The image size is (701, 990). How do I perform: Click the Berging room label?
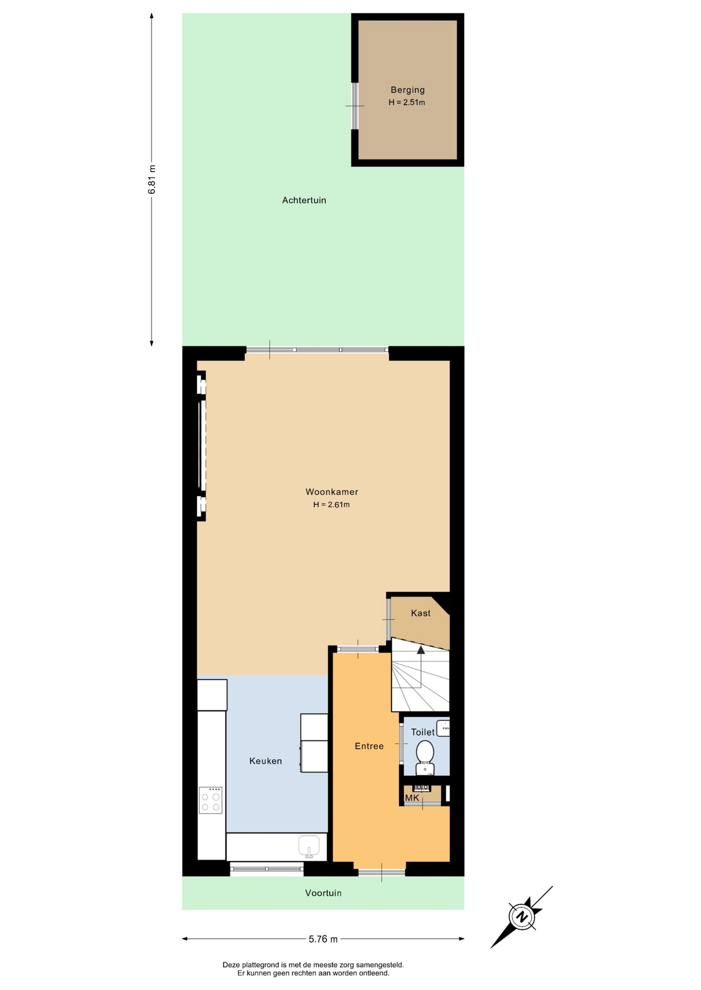(407, 90)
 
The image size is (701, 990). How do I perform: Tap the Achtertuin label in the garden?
(304, 200)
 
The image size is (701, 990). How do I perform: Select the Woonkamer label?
(331, 492)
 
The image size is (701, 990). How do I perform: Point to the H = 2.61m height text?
(331, 505)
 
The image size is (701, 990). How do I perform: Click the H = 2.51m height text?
(407, 102)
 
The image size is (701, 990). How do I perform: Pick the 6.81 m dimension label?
(152, 179)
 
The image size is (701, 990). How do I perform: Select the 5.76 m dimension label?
(323, 939)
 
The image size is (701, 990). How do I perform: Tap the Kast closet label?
(421, 613)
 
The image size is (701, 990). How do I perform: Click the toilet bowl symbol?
(425, 758)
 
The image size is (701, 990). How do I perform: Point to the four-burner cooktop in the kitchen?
(211, 800)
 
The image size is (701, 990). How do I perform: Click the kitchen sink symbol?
(309, 846)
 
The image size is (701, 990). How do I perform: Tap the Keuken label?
(265, 761)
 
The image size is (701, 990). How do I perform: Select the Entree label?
(369, 746)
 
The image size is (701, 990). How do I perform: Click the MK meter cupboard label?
(412, 798)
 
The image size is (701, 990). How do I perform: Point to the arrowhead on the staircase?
(421, 650)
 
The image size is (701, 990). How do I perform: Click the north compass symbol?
(522, 917)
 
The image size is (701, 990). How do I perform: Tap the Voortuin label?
(323, 893)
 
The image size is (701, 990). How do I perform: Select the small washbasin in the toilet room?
(443, 728)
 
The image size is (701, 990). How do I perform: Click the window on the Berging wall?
(355, 106)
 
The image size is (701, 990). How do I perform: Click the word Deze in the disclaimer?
(232, 965)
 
